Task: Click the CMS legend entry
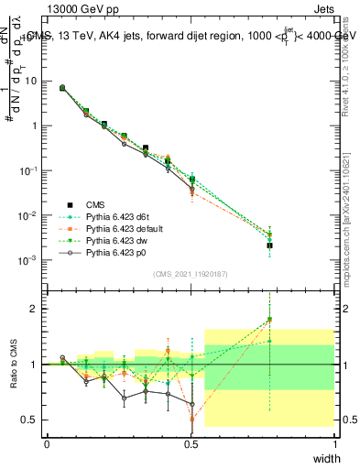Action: (x=95, y=204)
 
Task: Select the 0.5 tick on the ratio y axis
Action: (x=31, y=420)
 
